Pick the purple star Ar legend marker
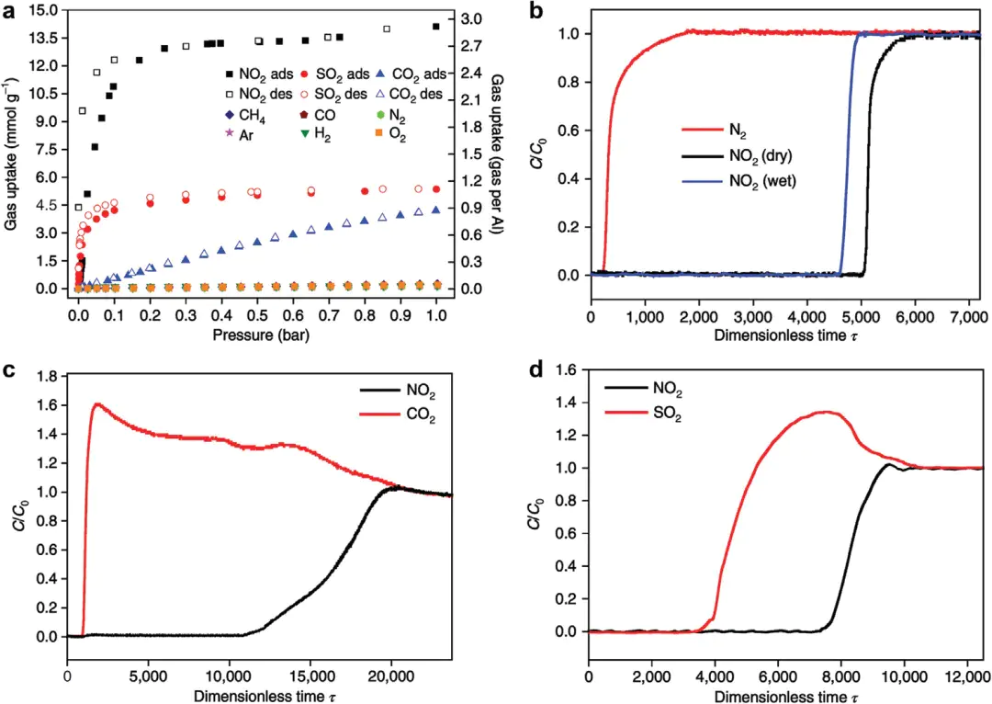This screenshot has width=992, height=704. pyautogui.click(x=230, y=135)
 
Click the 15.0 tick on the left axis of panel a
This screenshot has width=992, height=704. pyautogui.click(x=46, y=10)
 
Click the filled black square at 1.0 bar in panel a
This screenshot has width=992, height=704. pyautogui.click(x=435, y=27)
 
